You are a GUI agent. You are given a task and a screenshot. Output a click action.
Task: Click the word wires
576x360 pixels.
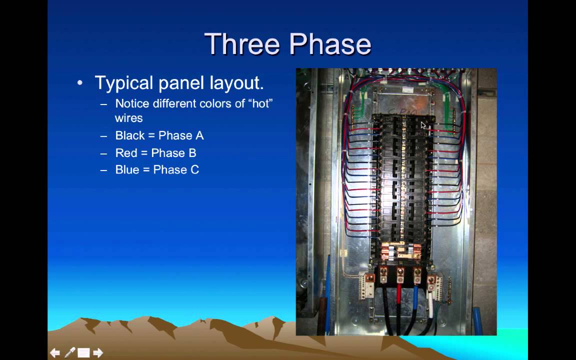pos(128,118)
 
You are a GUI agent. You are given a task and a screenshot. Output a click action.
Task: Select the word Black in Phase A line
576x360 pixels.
pos(130,135)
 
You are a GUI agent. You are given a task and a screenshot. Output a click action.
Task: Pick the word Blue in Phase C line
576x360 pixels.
pos(127,170)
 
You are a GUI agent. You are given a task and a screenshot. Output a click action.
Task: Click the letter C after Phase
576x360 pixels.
pos(194,170)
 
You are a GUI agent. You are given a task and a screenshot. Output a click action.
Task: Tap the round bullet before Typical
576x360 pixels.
pos(80,82)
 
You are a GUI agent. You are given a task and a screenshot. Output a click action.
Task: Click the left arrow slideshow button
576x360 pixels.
pos(55,353)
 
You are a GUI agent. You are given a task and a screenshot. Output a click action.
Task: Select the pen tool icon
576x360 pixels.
pos(69,353)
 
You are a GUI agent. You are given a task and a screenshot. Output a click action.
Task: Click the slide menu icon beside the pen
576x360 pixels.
pos(83,353)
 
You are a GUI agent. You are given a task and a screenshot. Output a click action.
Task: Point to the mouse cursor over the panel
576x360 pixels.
pos(423,125)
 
